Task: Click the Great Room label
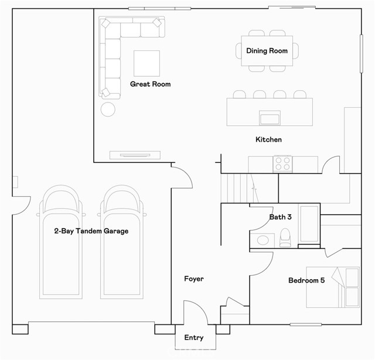point(150,84)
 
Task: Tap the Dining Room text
point(267,51)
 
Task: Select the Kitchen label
point(268,139)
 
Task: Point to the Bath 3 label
point(280,217)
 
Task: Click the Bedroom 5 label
point(306,280)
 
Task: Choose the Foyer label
point(194,279)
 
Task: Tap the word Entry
point(194,338)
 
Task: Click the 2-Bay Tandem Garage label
point(91,231)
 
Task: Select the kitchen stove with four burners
point(282,164)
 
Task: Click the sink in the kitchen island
point(270,118)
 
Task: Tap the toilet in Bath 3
point(285,238)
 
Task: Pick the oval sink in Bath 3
point(262,240)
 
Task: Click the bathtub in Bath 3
point(309,224)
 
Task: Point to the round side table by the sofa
point(108,109)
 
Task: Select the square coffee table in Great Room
point(146,63)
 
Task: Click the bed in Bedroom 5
point(333,287)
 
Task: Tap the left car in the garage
point(61,242)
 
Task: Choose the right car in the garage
point(122,242)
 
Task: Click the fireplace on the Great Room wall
point(135,155)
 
